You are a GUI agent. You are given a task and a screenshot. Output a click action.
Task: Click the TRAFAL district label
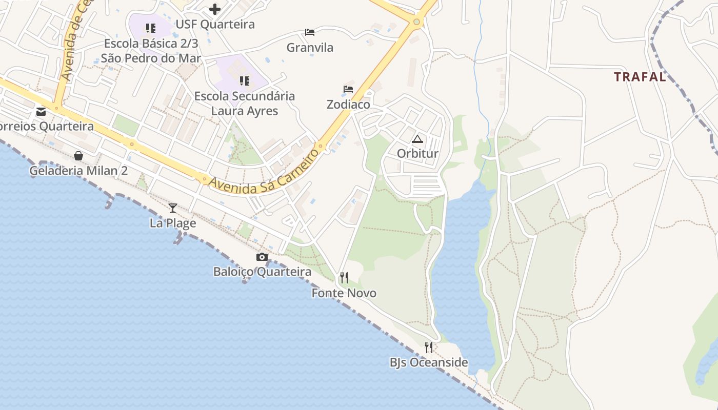(x=640, y=77)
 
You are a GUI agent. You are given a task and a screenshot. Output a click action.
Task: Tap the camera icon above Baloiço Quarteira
(x=262, y=257)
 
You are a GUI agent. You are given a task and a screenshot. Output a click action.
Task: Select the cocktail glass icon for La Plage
(x=173, y=208)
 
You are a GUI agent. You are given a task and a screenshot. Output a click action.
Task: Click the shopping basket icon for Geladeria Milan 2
(x=78, y=155)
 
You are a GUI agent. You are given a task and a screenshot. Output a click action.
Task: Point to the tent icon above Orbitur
(x=417, y=139)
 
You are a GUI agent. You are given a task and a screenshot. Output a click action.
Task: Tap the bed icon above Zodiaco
(x=348, y=89)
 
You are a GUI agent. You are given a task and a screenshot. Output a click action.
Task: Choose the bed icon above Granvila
(x=310, y=32)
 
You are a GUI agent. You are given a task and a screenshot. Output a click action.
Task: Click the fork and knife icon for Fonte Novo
(x=344, y=278)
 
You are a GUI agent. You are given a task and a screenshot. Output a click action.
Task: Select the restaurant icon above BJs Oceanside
(x=429, y=347)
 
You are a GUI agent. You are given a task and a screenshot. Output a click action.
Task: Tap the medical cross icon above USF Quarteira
(x=215, y=9)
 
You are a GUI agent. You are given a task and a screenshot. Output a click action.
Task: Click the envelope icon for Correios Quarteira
(x=41, y=111)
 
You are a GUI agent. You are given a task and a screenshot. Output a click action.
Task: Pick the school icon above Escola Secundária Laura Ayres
(x=245, y=80)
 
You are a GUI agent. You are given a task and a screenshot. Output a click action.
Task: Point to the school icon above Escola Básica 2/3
(x=150, y=28)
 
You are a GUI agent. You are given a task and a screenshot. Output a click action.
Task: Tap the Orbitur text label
(x=417, y=153)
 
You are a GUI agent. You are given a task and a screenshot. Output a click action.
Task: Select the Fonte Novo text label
(x=344, y=293)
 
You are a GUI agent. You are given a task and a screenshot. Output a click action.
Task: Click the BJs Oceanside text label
(x=429, y=363)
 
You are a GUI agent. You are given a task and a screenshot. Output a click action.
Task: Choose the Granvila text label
(x=310, y=48)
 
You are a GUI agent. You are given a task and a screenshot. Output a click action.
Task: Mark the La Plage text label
(x=173, y=223)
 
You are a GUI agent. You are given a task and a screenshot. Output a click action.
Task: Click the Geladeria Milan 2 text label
(x=78, y=171)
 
